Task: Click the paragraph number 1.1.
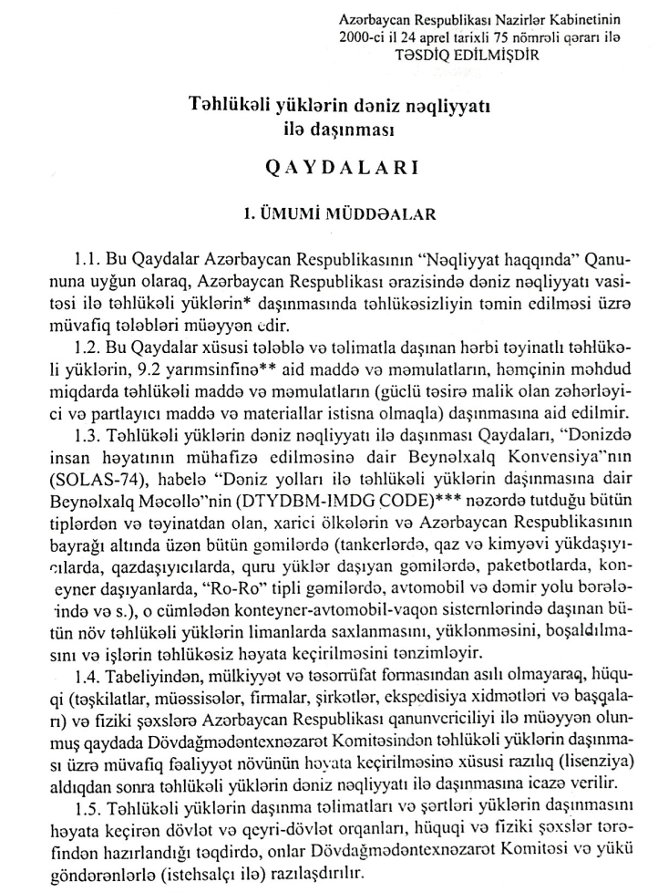click(x=90, y=258)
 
